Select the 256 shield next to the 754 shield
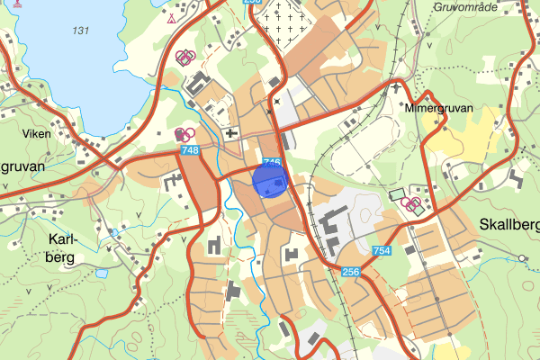[351, 272]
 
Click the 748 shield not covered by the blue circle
[189, 150]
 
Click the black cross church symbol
[232, 134]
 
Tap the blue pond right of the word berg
[102, 272]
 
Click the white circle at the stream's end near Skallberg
[522, 258]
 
